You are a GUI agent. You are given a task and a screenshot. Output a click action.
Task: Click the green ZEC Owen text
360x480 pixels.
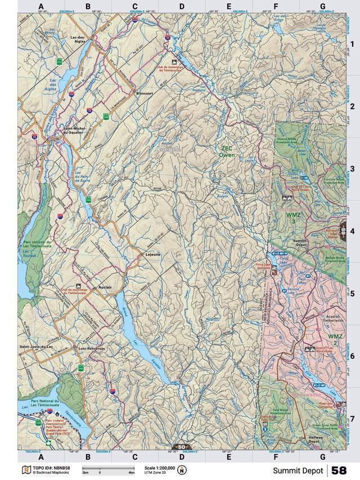[x=227, y=151]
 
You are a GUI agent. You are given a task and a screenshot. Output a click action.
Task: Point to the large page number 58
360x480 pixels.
[x=339, y=470]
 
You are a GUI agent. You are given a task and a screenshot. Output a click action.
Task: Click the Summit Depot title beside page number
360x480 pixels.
[x=298, y=470]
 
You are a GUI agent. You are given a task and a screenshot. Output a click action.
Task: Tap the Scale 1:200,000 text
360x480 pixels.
[x=160, y=468]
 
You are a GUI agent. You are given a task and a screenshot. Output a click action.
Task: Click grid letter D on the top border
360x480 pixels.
[x=182, y=7]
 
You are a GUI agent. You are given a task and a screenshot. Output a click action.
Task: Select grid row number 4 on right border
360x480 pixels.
[x=352, y=231]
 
